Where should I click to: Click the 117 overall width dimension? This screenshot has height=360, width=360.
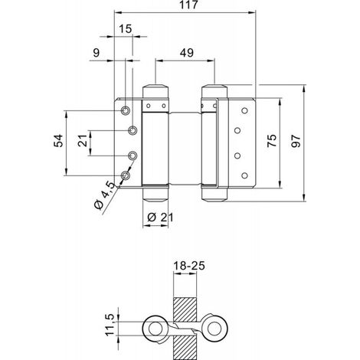tap(188, 5)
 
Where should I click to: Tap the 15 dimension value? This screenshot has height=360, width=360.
tap(126, 29)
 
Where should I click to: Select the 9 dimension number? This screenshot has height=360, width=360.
tap(96, 53)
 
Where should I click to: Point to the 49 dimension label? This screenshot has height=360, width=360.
tap(187, 53)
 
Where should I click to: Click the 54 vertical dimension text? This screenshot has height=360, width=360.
tap(58, 141)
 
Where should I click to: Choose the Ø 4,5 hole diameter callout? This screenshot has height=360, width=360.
tap(104, 195)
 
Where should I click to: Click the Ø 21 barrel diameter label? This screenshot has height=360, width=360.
tap(161, 218)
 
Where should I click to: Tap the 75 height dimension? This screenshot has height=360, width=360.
tap(272, 141)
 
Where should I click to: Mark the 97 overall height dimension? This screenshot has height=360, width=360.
tap(296, 142)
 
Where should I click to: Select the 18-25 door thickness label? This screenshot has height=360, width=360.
tap(189, 266)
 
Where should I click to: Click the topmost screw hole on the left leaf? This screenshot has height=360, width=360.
tap(125, 110)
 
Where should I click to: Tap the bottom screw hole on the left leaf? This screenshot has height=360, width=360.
tap(125, 175)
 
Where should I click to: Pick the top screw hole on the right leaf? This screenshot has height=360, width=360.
tap(244, 111)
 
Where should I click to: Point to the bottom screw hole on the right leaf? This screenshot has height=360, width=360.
tap(244, 175)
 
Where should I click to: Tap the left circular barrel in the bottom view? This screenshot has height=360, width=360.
tap(155, 329)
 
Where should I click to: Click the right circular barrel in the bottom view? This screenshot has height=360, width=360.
tap(214, 329)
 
